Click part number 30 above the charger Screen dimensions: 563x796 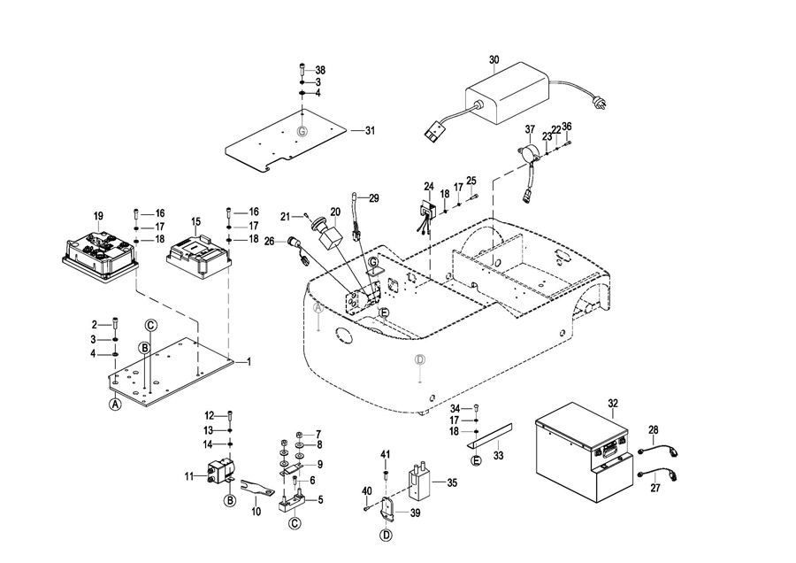coord(494,60)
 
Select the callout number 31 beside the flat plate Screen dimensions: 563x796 coord(370,131)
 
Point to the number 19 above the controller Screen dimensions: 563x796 coord(98,215)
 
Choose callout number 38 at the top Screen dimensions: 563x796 coord(320,70)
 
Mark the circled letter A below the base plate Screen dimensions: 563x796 coord(114,405)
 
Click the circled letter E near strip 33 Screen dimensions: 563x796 coord(476,461)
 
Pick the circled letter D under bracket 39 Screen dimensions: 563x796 coord(387,536)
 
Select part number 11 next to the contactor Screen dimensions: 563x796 coord(188,477)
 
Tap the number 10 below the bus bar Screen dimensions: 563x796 coord(256,512)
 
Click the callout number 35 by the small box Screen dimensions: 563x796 coord(452,483)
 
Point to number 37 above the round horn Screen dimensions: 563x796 coord(530,129)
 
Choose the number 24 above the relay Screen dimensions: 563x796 coord(429,187)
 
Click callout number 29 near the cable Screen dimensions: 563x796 coord(373,198)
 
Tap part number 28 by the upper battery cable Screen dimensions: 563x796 coord(654,429)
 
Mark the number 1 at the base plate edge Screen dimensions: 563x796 coord(249,361)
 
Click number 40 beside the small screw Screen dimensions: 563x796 coord(366,491)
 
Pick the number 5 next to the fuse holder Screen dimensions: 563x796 coord(320,499)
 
